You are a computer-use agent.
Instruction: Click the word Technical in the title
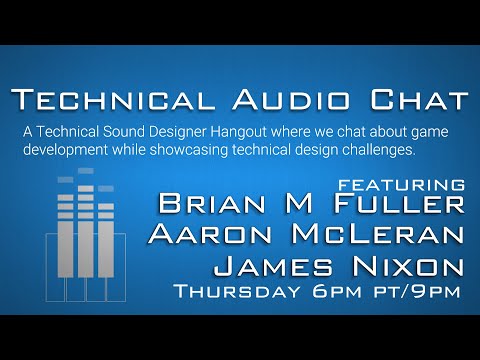tap(113, 101)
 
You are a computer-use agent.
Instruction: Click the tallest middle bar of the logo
tap(85, 240)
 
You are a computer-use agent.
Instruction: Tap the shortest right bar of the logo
tap(105, 250)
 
